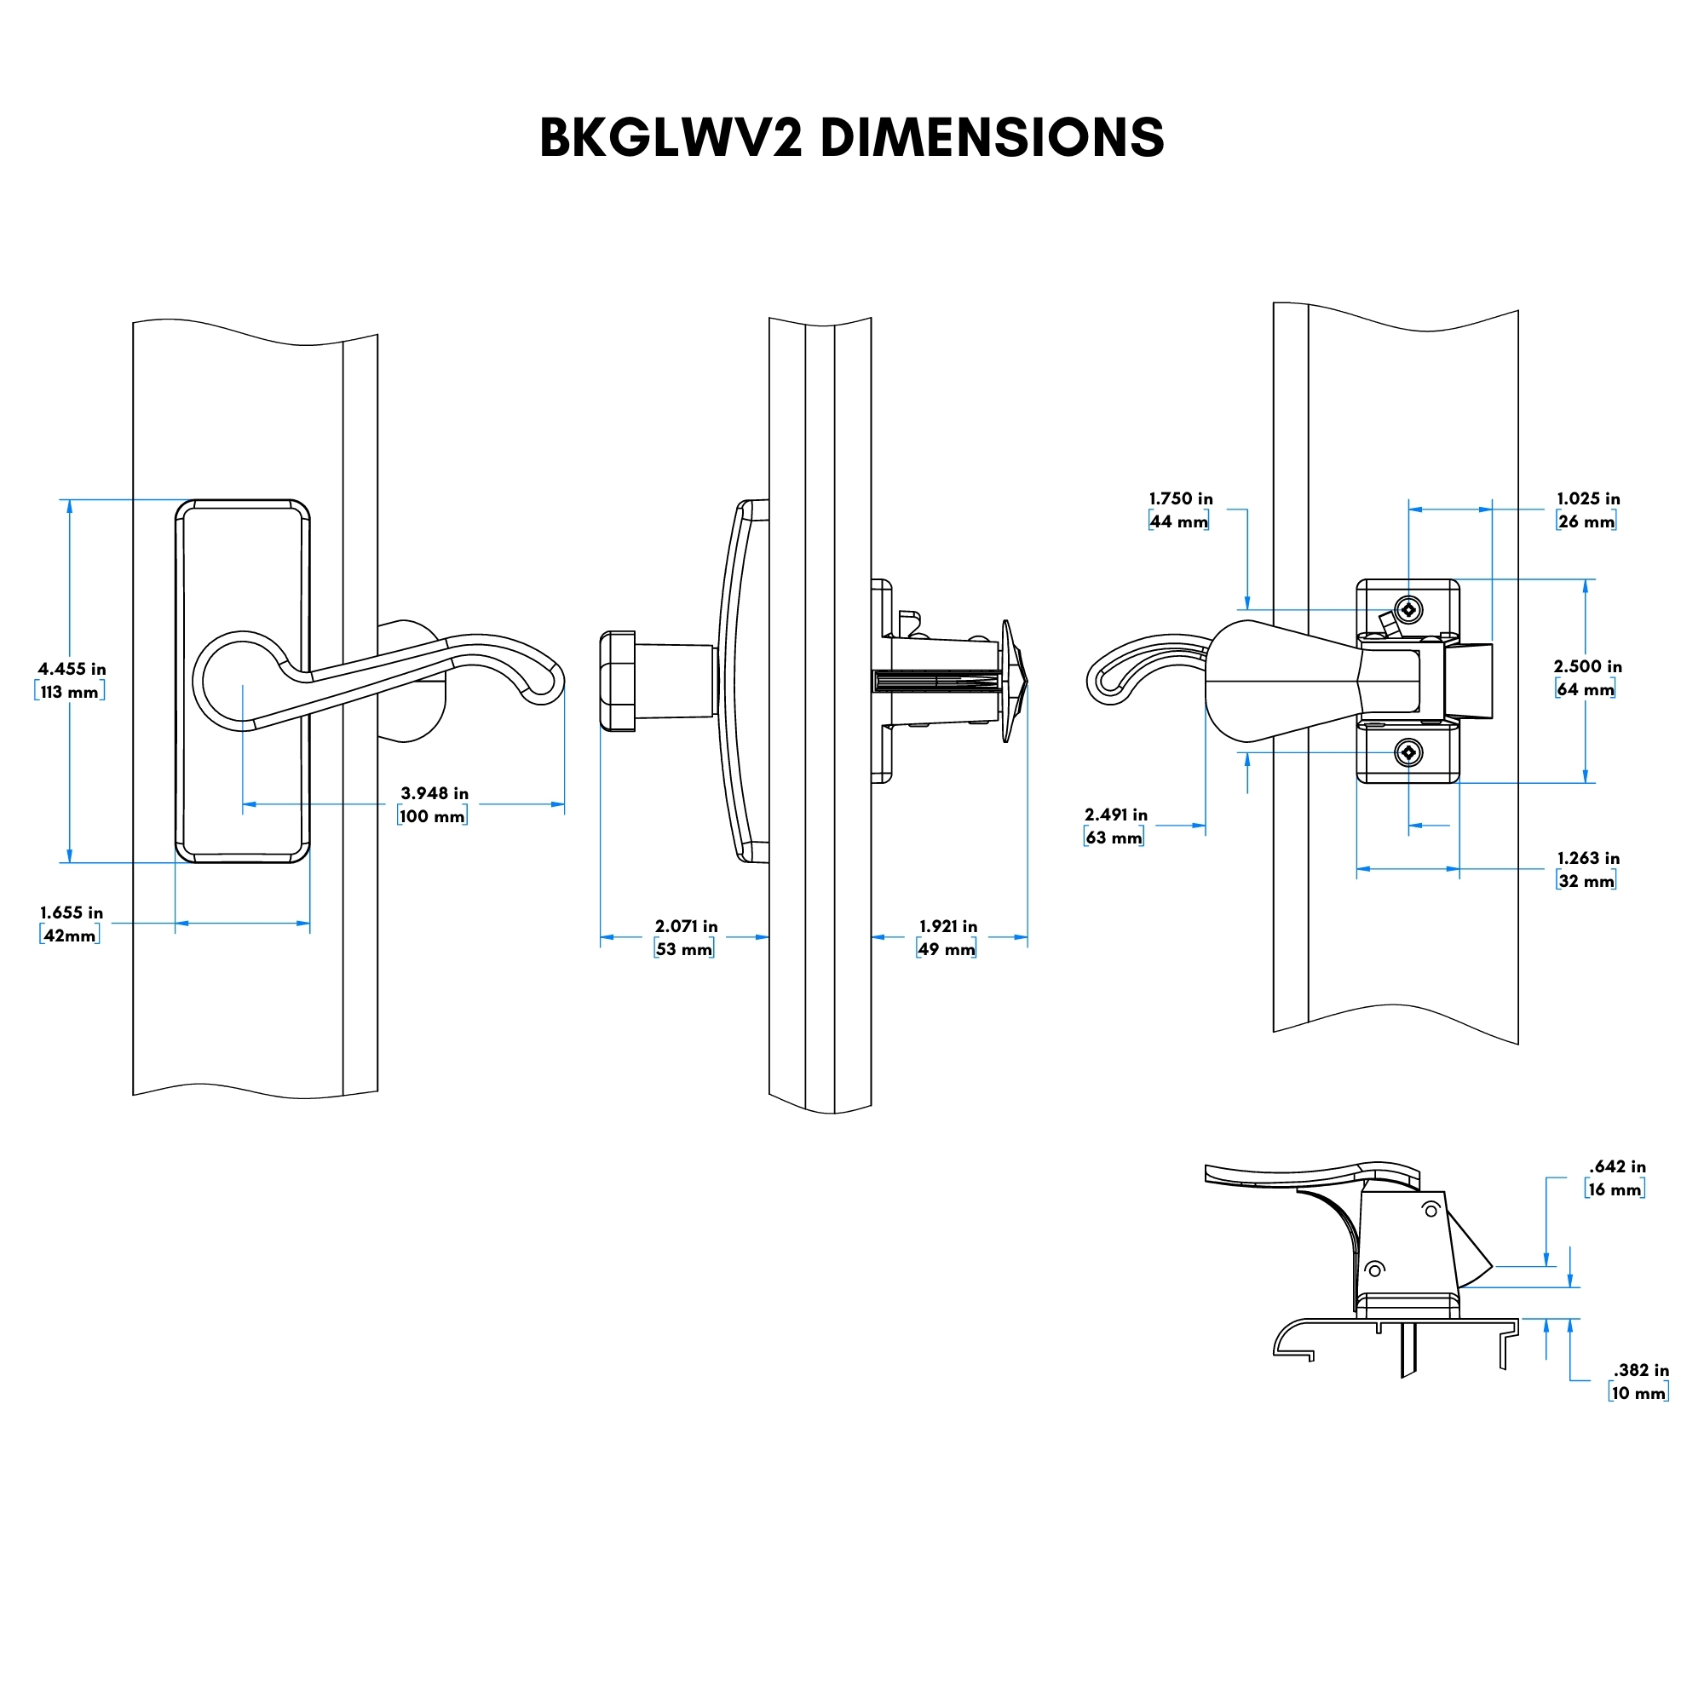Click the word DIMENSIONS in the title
[992, 139]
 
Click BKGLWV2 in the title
[671, 139]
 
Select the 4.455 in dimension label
[72, 670]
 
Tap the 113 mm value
[70, 693]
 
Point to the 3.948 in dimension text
[434, 793]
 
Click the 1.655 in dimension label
[71, 912]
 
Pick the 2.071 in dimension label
[685, 926]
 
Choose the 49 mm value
[947, 950]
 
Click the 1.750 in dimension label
[1180, 498]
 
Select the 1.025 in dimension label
[1587, 498]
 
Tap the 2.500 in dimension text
[1587, 667]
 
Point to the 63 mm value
[1114, 838]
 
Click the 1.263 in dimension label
[1587, 858]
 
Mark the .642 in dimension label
[1617, 1167]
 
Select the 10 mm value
[1638, 1394]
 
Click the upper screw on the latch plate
[1408, 609]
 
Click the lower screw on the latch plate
[1408, 752]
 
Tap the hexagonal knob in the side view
[618, 681]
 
